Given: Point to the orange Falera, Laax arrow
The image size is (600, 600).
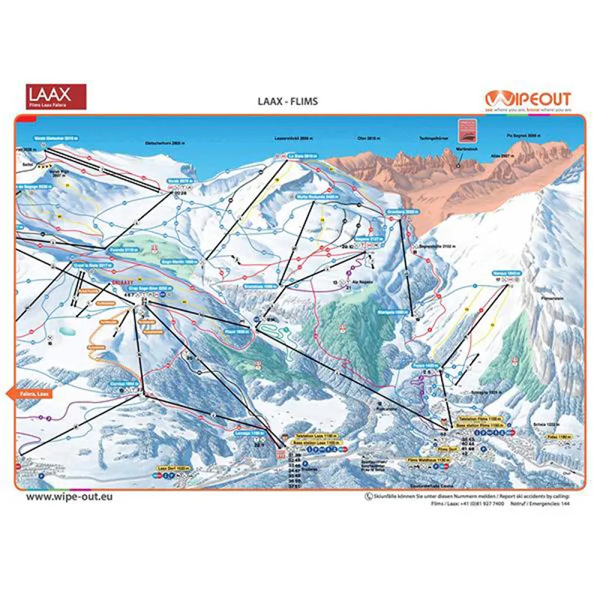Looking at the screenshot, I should click(30, 393).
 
